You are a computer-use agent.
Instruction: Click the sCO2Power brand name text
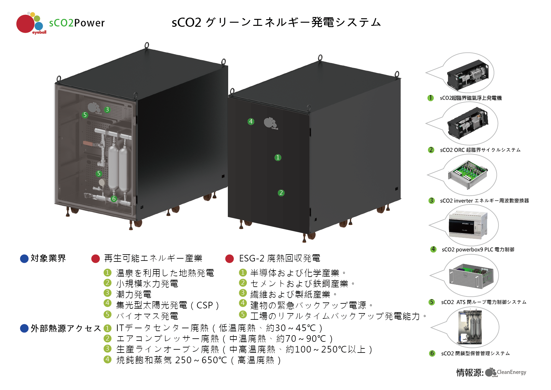[77, 23]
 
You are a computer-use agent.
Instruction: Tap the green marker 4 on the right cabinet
[251, 122]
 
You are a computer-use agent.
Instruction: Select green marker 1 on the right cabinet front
[278, 158]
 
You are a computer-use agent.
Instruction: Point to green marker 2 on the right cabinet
[281, 193]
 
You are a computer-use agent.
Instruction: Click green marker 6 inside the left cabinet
[114, 199]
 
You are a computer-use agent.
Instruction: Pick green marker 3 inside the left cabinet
[107, 110]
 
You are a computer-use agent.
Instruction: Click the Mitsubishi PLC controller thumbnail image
[468, 225]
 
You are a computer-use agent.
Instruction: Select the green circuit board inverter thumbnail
[468, 174]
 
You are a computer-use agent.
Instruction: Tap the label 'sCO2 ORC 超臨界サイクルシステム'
[480, 150]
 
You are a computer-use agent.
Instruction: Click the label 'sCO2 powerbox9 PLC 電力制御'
[478, 249]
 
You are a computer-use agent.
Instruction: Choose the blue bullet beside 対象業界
[24, 259]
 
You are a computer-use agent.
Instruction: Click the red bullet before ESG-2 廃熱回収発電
[230, 259]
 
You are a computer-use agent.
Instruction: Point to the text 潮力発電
[134, 295]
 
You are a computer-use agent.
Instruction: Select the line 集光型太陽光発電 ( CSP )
[167, 305]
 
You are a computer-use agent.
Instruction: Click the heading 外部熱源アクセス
[66, 329]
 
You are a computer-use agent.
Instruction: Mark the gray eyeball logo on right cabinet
[270, 123]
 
